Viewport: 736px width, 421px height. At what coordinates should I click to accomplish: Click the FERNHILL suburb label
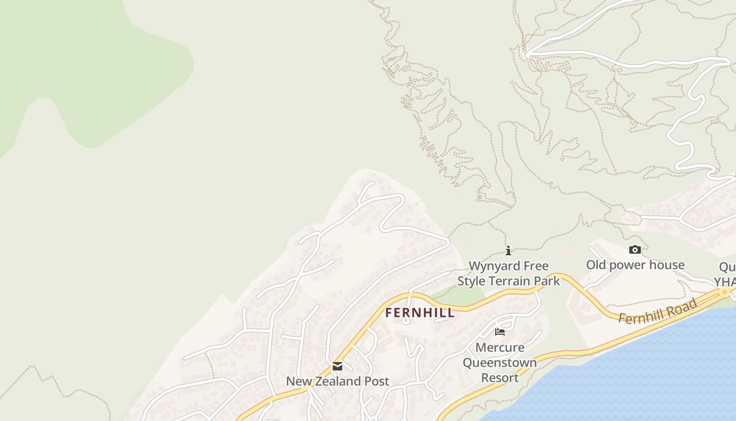tap(420, 313)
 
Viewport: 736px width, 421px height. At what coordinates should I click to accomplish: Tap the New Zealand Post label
tap(338, 381)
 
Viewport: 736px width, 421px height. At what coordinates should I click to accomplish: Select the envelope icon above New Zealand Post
tap(338, 366)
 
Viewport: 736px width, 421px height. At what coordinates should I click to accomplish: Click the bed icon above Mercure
tap(500, 332)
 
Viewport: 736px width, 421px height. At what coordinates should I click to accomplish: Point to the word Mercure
tap(500, 347)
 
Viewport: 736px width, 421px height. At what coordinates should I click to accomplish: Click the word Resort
tap(500, 378)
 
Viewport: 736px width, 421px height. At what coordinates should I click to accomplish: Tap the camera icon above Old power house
tap(635, 250)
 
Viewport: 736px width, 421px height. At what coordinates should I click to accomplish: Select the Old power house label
tap(635, 265)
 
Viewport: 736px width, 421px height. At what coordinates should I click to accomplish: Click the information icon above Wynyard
tap(508, 251)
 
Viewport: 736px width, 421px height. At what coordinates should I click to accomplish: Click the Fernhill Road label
tap(658, 311)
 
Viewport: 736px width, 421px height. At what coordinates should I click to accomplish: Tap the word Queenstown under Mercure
tap(500, 363)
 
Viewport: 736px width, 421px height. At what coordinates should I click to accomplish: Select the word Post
tap(377, 381)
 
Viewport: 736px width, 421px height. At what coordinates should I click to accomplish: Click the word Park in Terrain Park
tap(548, 281)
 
